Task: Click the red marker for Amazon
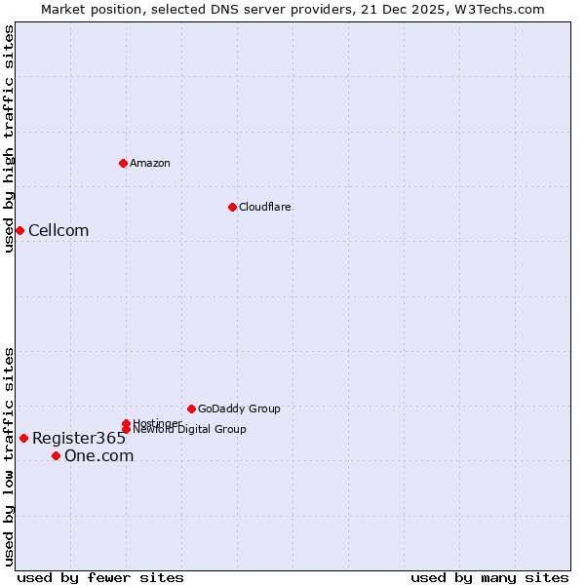[124, 163]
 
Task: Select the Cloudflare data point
[232, 207]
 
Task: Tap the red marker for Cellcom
[19, 230]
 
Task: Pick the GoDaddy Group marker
[191, 409]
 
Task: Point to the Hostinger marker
[127, 423]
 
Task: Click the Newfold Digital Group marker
[127, 430]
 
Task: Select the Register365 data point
[23, 438]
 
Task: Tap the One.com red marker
[56, 455]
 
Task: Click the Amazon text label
[150, 163]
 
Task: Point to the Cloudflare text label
[264, 207]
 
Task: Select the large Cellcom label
[58, 230]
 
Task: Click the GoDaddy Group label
[239, 409]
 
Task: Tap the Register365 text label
[79, 438]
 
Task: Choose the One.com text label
[98, 455]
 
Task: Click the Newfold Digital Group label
[190, 430]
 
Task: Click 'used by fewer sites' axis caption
[100, 577]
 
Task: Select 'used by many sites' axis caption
[489, 577]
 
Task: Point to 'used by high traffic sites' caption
[9, 138]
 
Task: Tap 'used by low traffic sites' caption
[9, 456]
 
